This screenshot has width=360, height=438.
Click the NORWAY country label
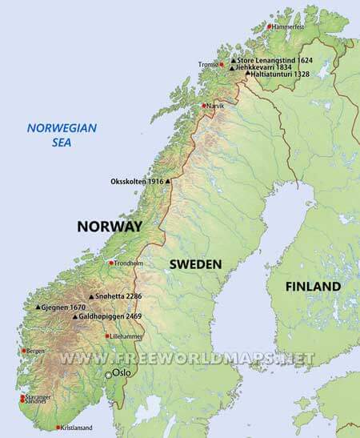[109, 227]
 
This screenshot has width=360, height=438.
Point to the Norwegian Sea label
[62, 133]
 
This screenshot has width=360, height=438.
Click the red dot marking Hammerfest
[269, 26]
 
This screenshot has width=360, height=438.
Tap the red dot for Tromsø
[222, 63]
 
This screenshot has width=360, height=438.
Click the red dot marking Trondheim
[111, 263]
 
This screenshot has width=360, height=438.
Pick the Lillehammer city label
[126, 336]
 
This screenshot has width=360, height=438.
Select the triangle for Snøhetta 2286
[90, 297]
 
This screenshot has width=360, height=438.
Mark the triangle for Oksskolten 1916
[167, 182]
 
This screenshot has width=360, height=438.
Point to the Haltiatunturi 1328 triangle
[248, 74]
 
